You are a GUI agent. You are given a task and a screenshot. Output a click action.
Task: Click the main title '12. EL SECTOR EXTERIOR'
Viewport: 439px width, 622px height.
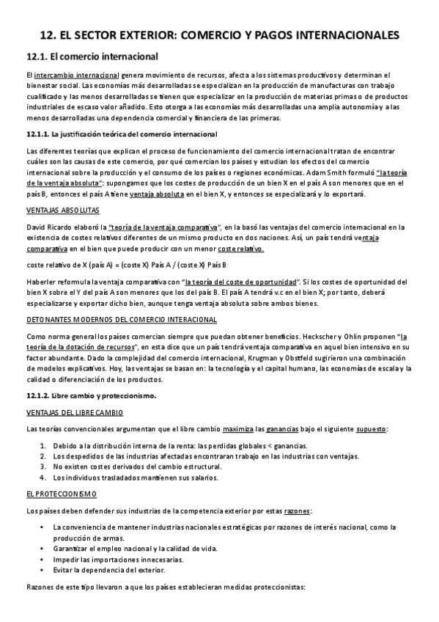pos(219,34)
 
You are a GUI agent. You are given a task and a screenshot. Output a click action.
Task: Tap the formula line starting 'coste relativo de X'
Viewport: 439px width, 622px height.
pos(125,264)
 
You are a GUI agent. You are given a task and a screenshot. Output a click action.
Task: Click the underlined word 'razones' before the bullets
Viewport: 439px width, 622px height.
pos(296,511)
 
